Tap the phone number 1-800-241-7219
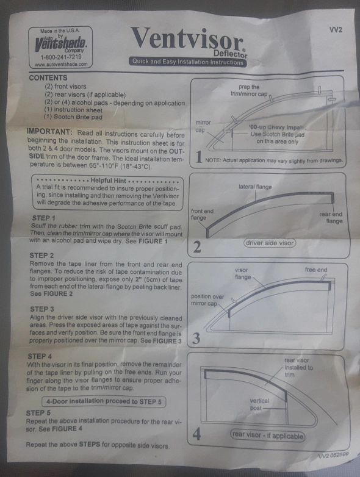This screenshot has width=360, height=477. [61, 57]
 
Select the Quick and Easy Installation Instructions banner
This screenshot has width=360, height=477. [187, 62]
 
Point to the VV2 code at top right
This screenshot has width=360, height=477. [336, 30]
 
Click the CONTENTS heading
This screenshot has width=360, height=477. [48, 78]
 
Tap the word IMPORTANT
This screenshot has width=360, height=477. [49, 132]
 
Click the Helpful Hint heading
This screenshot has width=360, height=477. [109, 181]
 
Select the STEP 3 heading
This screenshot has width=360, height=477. [42, 309]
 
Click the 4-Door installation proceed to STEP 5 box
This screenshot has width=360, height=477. [104, 401]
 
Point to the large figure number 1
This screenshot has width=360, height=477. [199, 157]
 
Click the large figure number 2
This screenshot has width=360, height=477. [197, 246]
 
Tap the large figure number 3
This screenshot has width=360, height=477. [196, 339]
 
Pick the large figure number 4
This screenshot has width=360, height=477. [196, 434]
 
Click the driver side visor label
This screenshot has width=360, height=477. [270, 243]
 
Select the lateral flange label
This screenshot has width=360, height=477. [255, 187]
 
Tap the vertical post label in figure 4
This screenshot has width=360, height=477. [259, 404]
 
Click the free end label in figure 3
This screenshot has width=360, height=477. [316, 270]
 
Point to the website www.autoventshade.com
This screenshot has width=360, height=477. [61, 64]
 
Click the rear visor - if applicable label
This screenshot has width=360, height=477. [267, 436]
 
